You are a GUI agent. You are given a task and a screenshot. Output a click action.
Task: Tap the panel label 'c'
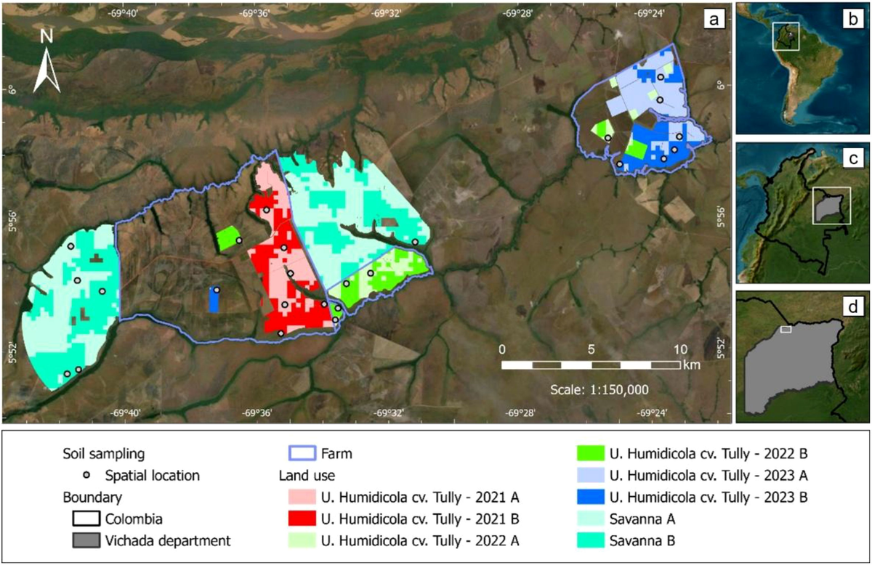[x=851, y=159]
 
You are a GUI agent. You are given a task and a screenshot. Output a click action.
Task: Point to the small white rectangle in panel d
[x=785, y=330]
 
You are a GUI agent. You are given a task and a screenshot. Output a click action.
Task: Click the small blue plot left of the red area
[x=214, y=299]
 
